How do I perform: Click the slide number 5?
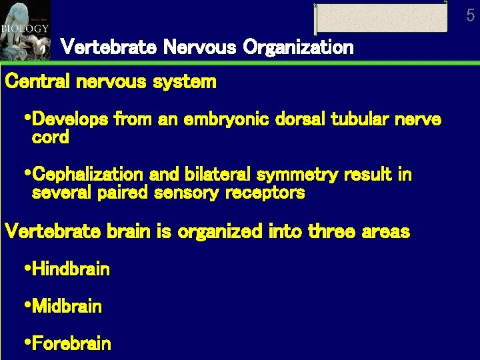pyautogui.click(x=471, y=15)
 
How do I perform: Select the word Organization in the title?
pyautogui.click(x=298, y=48)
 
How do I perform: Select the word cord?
pyautogui.click(x=51, y=138)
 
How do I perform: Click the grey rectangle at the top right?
pyautogui.click(x=381, y=18)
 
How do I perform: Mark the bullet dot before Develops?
pyautogui.click(x=27, y=119)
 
